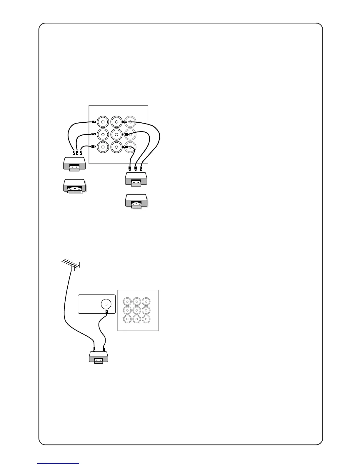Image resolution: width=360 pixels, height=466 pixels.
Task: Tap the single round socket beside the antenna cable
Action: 106,304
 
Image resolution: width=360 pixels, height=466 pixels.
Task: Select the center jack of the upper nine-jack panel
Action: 116,134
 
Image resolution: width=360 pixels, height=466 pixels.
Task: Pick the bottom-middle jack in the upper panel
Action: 116,147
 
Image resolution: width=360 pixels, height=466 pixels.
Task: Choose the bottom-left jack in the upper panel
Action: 103,147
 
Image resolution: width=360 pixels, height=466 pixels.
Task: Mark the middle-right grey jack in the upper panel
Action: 130,134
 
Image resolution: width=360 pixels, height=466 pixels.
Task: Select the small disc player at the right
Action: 136,201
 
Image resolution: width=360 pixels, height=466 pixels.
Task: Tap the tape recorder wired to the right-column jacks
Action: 136,179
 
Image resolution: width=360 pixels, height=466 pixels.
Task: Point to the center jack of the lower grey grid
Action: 137,310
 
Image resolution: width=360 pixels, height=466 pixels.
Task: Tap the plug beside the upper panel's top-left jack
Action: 93,122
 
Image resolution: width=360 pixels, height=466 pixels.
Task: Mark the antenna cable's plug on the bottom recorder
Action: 94,349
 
